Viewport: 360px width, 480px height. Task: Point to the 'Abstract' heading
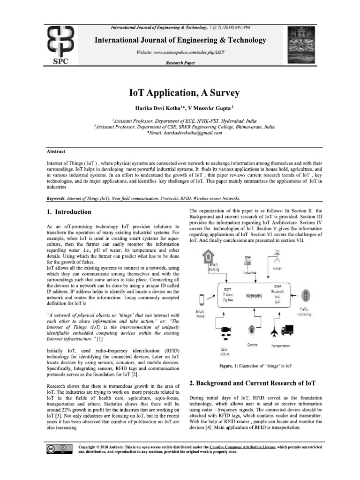[x=56, y=152]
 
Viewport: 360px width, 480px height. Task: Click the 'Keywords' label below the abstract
[x=56, y=198]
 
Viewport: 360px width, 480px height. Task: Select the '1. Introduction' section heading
[x=69, y=212]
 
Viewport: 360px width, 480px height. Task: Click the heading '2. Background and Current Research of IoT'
[x=252, y=383]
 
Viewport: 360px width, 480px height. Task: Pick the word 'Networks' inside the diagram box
[x=254, y=296]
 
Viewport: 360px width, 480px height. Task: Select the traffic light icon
[x=306, y=296]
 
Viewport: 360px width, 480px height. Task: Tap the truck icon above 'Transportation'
[x=287, y=331]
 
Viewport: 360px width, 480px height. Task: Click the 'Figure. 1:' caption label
[x=230, y=366]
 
